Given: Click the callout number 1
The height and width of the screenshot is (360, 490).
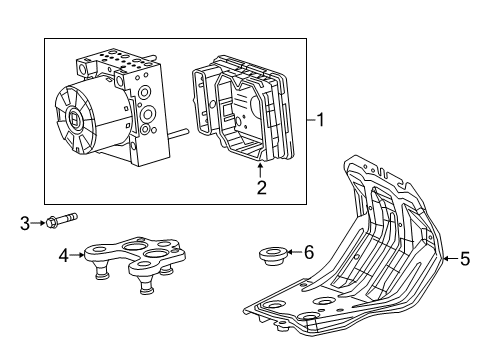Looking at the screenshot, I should (x=320, y=120).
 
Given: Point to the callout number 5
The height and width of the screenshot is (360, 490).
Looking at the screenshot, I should (x=464, y=260).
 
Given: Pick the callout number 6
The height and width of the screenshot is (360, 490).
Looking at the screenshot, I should (x=308, y=252).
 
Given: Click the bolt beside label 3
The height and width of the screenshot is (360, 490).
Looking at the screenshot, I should (x=60, y=219).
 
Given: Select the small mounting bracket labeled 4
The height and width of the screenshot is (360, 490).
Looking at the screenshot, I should (x=135, y=258).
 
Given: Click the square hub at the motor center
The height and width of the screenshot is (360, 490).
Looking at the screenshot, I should (x=76, y=121).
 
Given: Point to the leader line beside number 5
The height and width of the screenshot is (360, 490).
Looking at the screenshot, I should (x=451, y=260).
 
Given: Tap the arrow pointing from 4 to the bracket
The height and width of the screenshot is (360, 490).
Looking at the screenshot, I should (x=78, y=256).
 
